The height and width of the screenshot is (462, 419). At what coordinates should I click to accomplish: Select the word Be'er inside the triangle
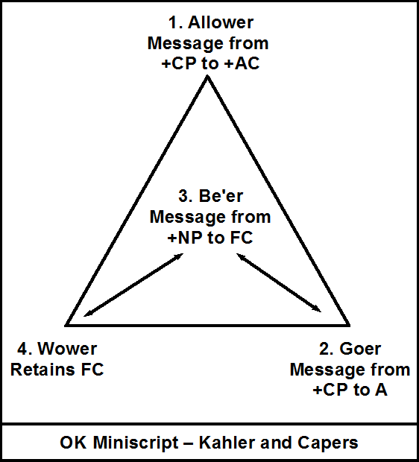[x=220, y=199]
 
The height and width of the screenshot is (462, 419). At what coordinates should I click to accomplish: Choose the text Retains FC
[x=57, y=370]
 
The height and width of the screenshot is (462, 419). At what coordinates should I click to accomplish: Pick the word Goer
[x=361, y=349]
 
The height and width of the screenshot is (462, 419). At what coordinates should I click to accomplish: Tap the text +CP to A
[x=350, y=389]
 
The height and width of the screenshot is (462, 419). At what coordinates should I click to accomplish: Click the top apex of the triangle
[x=207, y=77]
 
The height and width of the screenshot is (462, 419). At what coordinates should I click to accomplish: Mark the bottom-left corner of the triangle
[x=67, y=325]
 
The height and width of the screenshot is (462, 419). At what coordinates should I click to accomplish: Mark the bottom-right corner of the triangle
[x=348, y=325]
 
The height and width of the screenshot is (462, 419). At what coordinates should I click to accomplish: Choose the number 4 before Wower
[x=22, y=349]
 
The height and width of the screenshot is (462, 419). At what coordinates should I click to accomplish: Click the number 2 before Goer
[x=325, y=349]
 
